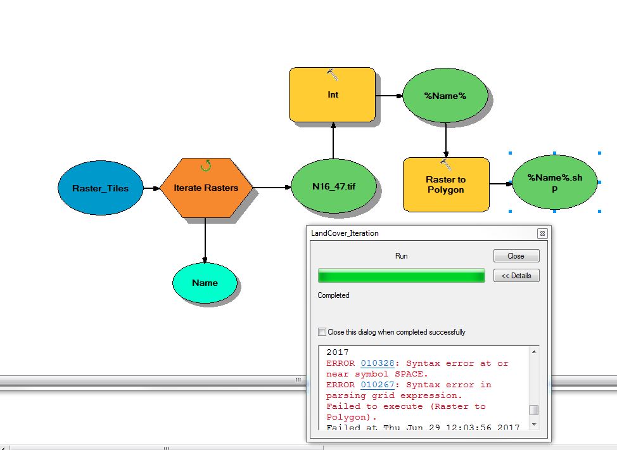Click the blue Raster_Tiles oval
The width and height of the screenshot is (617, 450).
click(100, 188)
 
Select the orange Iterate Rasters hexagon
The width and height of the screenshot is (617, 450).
click(206, 188)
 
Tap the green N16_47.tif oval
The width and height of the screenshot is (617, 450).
click(333, 188)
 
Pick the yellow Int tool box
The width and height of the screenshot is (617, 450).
click(333, 94)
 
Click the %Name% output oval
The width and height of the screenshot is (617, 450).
click(445, 96)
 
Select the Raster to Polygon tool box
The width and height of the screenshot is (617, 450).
click(446, 184)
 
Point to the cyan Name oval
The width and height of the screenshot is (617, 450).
click(205, 283)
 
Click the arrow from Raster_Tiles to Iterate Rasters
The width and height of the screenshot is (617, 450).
click(151, 188)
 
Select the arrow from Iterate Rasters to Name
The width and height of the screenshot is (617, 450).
click(205, 241)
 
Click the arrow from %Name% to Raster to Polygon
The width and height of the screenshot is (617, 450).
click(446, 140)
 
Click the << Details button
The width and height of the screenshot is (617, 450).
click(516, 276)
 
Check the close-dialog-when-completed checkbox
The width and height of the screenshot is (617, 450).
click(322, 331)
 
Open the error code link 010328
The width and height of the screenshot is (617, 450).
click(378, 363)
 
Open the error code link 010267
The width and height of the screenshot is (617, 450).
click(378, 385)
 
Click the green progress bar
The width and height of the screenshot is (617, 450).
click(401, 276)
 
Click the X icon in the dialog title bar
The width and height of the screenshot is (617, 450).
click(542, 233)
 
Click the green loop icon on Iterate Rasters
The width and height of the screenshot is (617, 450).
click(206, 165)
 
